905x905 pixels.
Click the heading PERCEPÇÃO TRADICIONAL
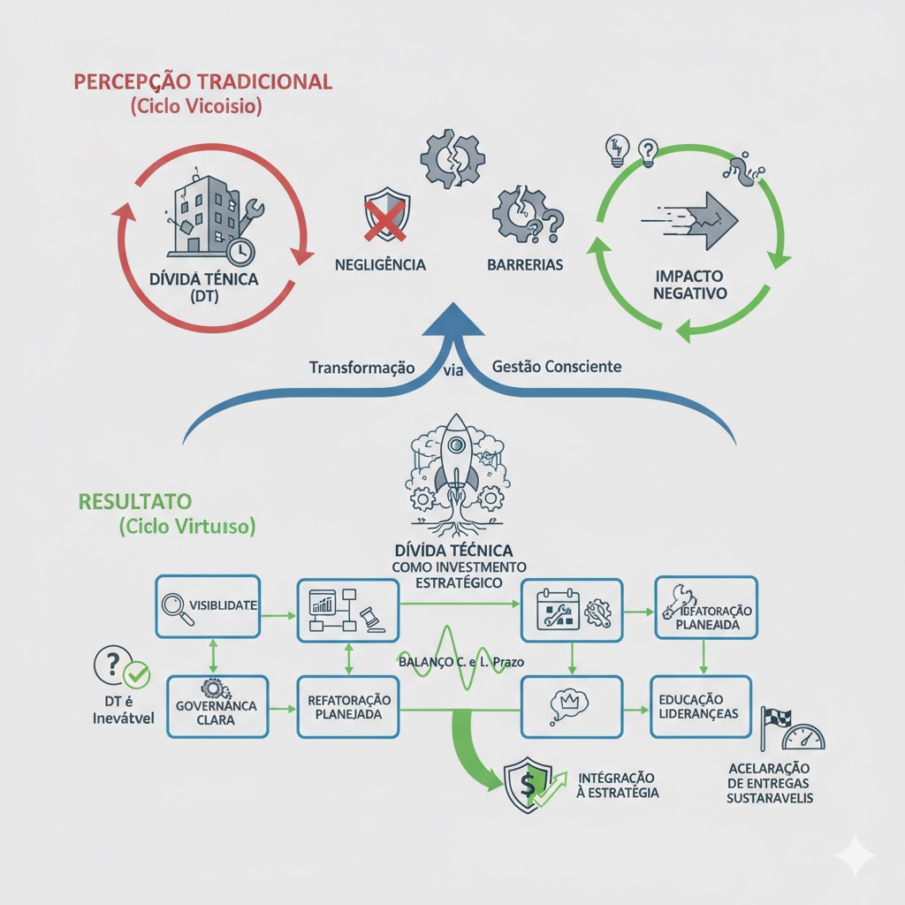click(x=202, y=82)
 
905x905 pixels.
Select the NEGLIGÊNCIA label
click(x=381, y=264)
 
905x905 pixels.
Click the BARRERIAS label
click(x=525, y=264)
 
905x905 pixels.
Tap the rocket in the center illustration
click(x=456, y=456)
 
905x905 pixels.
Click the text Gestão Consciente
click(x=557, y=366)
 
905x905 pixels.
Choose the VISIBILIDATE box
click(x=208, y=606)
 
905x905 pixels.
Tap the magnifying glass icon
click(x=178, y=607)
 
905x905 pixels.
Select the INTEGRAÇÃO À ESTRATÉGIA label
click(x=617, y=785)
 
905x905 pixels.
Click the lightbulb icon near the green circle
click(x=617, y=149)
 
